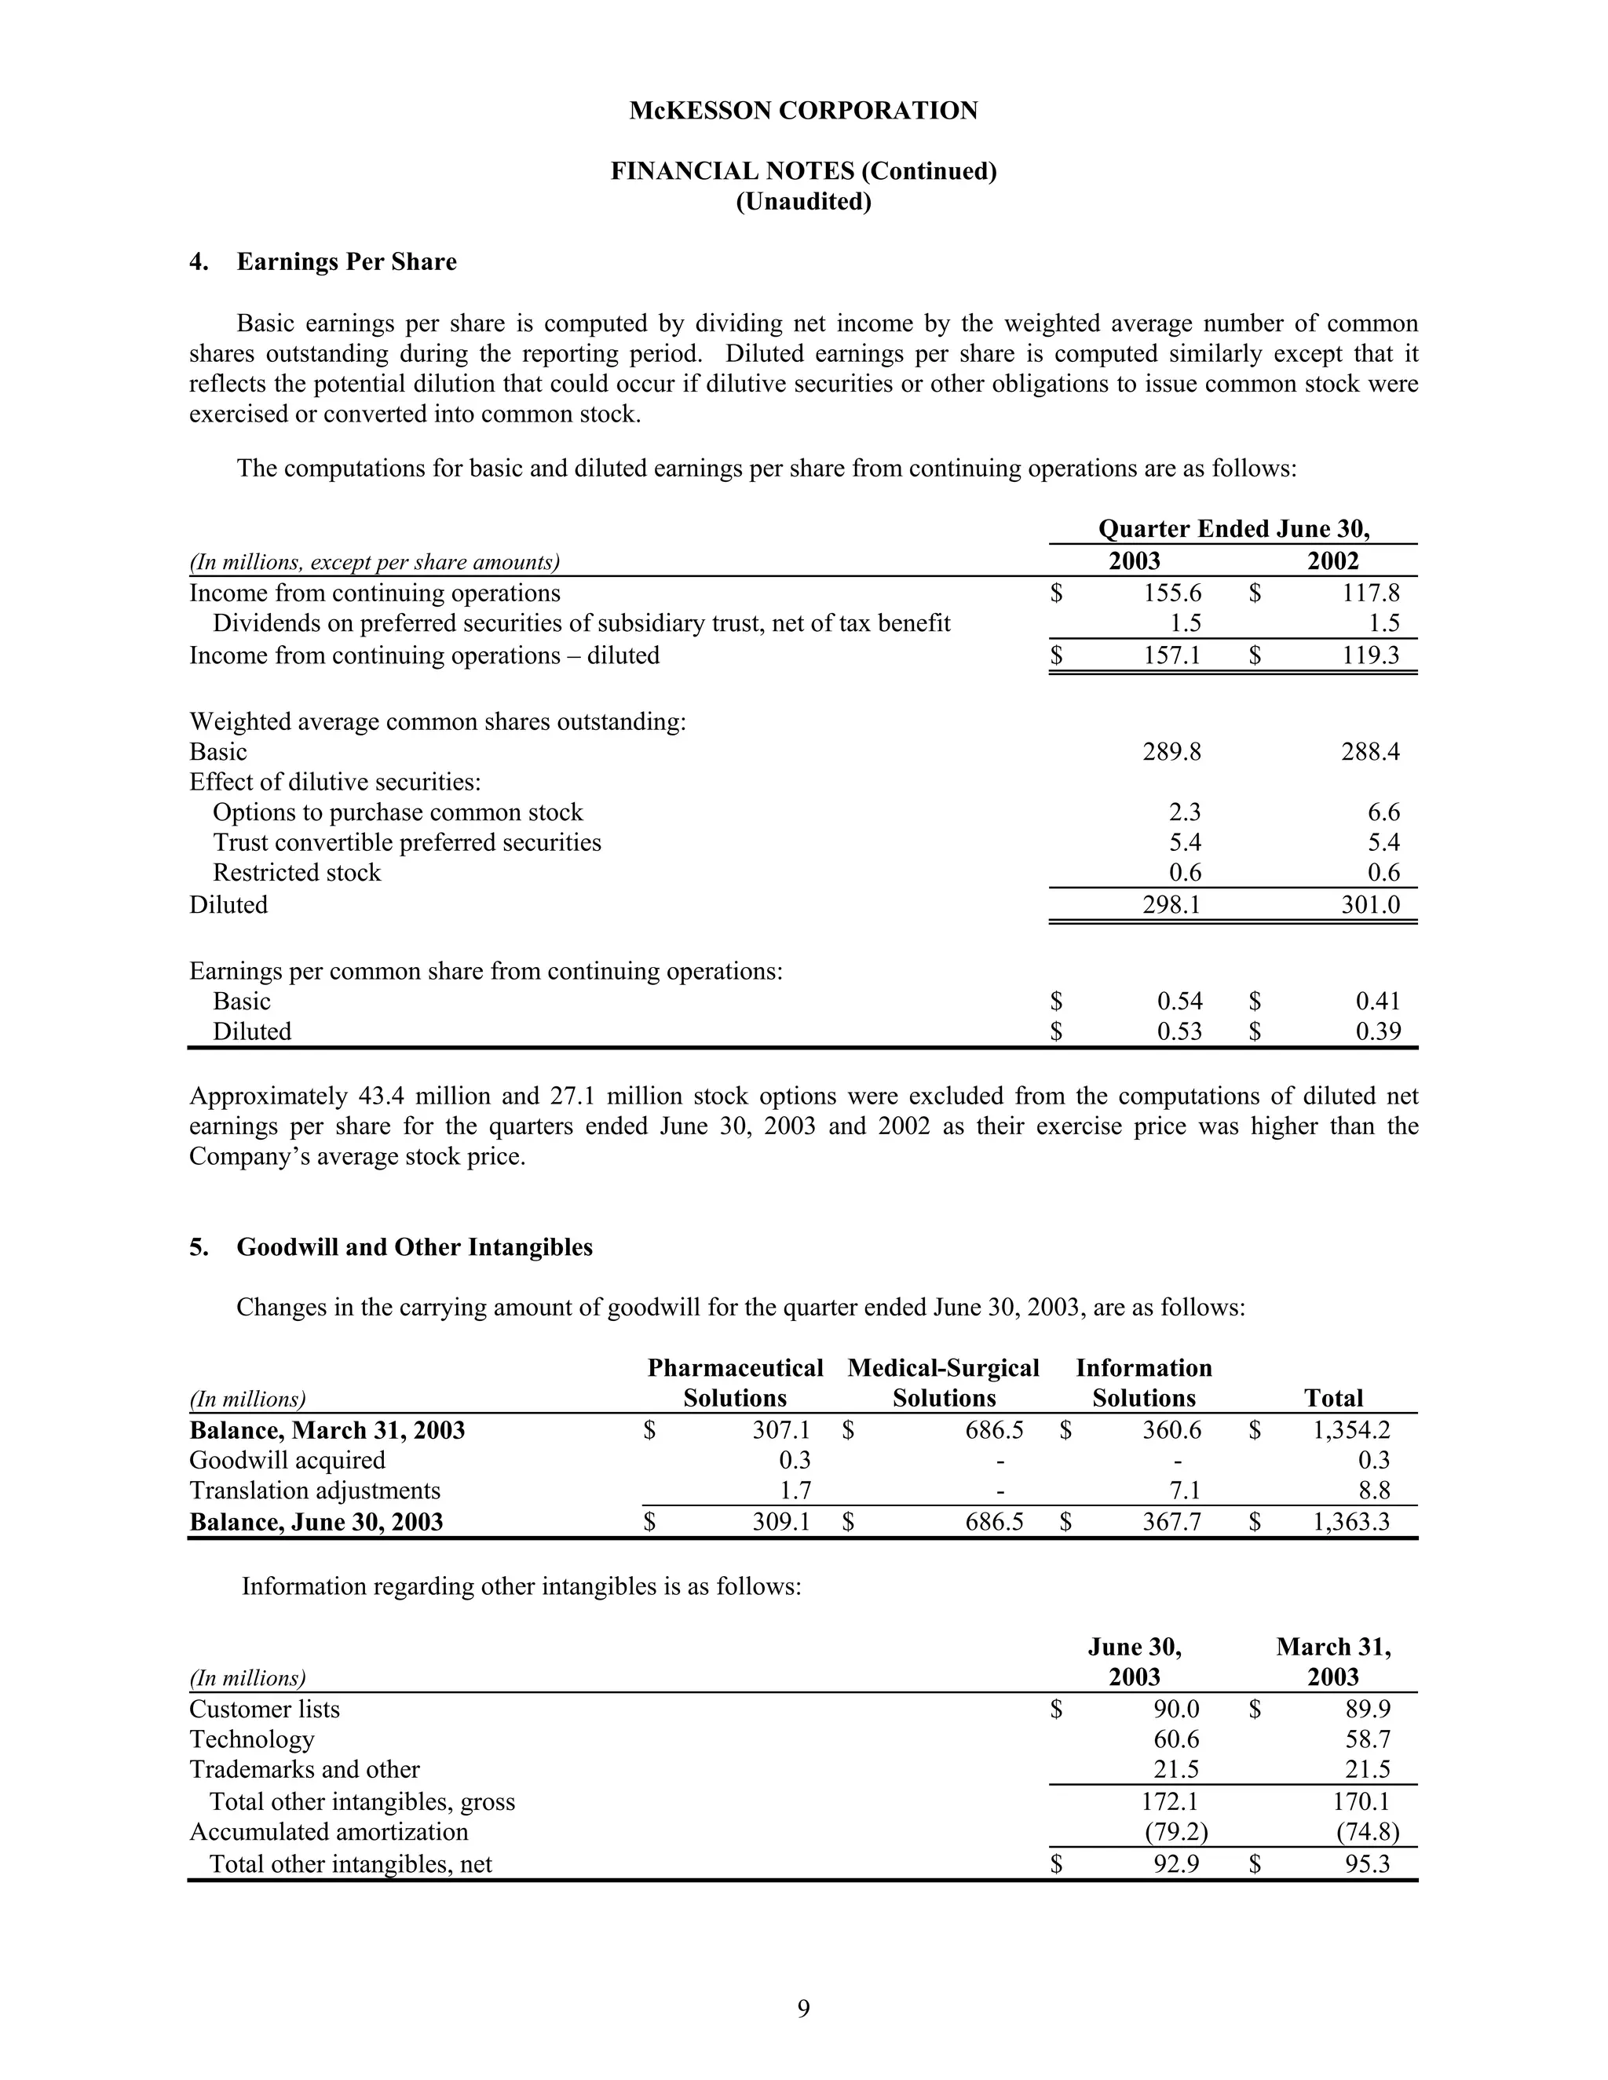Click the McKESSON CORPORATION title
803,111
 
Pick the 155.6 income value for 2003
1171,593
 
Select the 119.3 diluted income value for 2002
1371,655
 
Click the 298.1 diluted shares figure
1171,905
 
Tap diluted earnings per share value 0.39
1377,1031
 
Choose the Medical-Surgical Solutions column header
943,1383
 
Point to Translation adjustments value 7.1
1183,1491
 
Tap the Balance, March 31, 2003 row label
327,1430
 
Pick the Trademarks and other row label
304,1768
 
